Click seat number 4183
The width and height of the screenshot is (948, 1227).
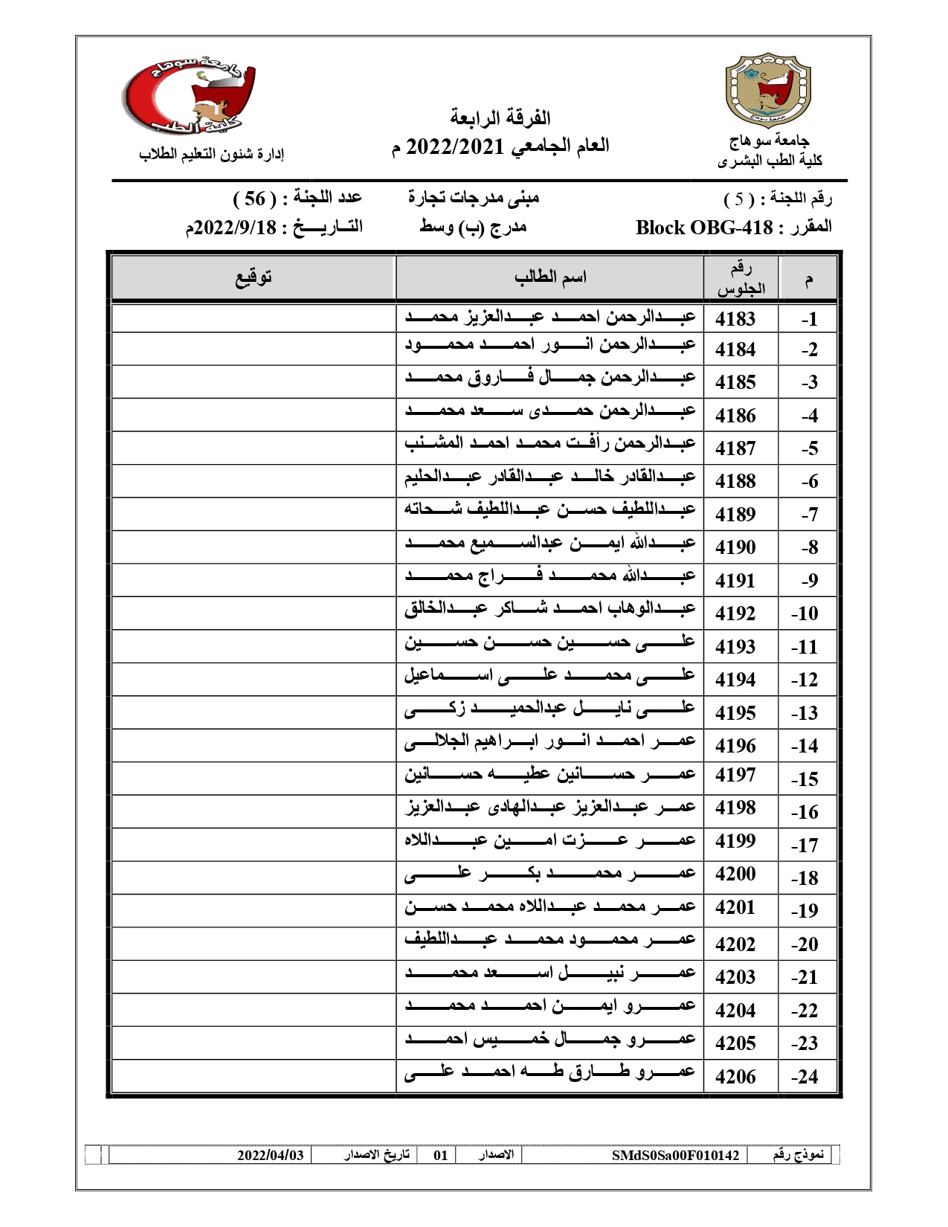tap(735, 319)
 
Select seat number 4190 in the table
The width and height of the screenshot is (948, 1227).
tap(735, 547)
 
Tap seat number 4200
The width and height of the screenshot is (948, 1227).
tap(735, 874)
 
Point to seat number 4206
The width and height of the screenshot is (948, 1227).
tap(735, 1076)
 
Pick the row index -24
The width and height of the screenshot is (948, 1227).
tap(804, 1076)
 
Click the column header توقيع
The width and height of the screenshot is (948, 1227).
tap(254, 277)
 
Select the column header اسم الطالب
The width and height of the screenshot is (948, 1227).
tap(550, 277)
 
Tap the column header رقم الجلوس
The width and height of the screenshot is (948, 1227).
tap(741, 278)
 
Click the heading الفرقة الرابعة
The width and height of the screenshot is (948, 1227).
tap(500, 117)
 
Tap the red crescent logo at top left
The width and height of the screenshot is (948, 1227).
tap(190, 97)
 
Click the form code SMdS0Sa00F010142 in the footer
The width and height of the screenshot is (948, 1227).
tap(675, 1155)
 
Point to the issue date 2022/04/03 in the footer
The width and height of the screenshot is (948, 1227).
tap(271, 1155)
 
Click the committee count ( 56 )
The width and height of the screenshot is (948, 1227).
tap(255, 199)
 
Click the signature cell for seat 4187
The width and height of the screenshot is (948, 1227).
tap(254, 448)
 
